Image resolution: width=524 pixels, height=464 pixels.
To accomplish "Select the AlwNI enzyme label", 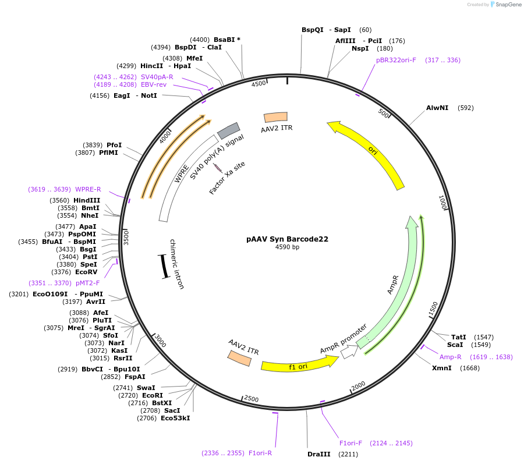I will click(437, 108).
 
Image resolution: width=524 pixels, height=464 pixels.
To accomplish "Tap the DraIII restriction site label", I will click(318, 454).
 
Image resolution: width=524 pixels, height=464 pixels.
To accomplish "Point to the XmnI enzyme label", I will click(441, 368).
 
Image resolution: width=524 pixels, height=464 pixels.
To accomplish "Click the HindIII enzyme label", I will click(87, 200).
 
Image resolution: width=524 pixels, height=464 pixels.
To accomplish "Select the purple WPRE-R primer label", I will click(88, 189).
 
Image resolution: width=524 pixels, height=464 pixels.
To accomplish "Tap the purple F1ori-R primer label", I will click(260, 453).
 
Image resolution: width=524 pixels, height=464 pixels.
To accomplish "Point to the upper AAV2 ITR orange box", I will click(275, 117).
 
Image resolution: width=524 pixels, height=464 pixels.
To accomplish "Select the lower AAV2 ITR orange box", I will click(240, 358).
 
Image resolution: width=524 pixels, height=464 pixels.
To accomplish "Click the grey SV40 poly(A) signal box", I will click(228, 130).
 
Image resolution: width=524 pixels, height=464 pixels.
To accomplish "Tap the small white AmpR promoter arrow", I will click(349, 352).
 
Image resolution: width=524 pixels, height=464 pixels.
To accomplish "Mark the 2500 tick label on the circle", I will click(252, 399).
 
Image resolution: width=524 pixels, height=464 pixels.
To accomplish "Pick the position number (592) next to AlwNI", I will click(466, 108).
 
